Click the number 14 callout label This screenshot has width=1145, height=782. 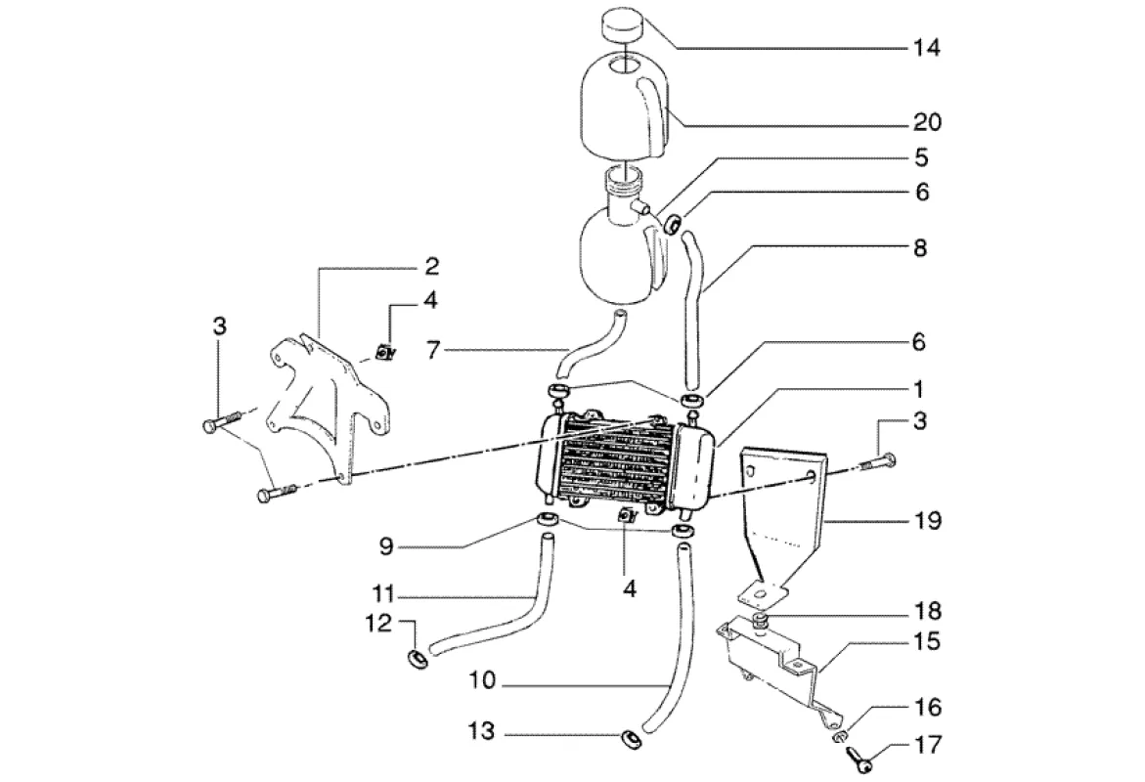(x=927, y=48)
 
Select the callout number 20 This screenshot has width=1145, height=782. (x=927, y=122)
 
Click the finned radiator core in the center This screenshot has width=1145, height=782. (x=619, y=463)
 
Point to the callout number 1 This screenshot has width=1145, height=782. (x=919, y=388)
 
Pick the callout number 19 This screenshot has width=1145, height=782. (x=927, y=521)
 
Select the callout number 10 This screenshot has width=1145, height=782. (x=483, y=681)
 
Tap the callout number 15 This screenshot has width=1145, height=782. (x=927, y=642)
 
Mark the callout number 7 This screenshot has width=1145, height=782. (x=434, y=351)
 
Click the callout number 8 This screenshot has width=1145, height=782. (x=920, y=247)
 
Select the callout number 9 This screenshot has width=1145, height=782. (x=386, y=546)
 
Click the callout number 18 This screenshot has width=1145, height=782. (x=927, y=610)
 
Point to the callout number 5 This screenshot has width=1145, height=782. (x=921, y=157)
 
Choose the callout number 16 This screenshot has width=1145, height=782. (x=927, y=707)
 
